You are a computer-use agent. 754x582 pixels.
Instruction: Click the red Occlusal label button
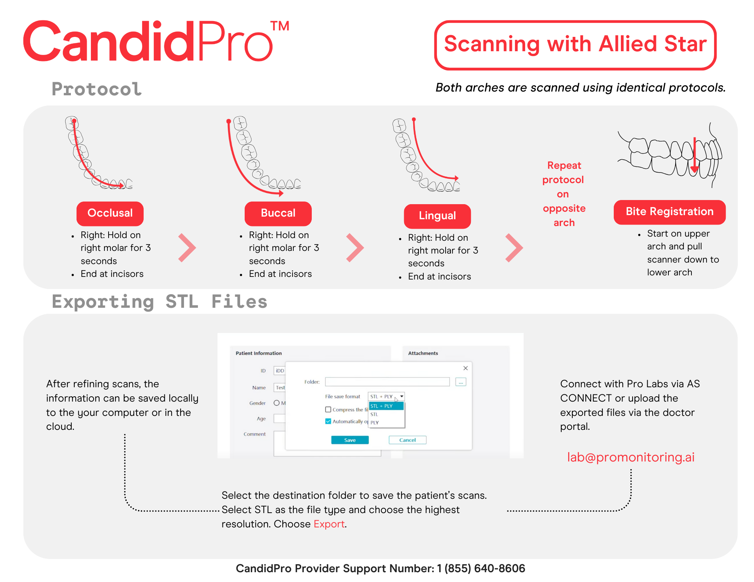(x=110, y=213)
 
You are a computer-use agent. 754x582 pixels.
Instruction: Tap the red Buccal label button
(x=278, y=213)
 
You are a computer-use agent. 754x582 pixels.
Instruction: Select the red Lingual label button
(x=437, y=216)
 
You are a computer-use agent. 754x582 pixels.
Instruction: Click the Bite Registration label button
(x=669, y=212)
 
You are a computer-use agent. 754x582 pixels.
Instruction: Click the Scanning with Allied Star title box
(x=575, y=45)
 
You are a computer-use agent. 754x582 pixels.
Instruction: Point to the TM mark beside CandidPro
(x=280, y=26)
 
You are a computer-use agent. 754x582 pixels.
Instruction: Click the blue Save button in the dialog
(x=349, y=440)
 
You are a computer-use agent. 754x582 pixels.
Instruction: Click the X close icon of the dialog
(x=466, y=368)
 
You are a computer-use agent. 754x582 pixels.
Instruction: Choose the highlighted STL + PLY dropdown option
(x=386, y=406)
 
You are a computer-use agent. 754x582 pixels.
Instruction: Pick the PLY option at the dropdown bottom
(x=375, y=422)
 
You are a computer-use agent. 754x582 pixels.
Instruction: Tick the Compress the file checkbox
(x=328, y=409)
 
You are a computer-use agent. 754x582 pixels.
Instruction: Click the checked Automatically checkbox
(x=328, y=421)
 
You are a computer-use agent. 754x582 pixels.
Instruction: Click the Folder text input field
(x=387, y=382)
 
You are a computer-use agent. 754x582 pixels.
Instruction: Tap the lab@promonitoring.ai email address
(x=630, y=457)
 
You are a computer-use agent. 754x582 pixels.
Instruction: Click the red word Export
(x=329, y=524)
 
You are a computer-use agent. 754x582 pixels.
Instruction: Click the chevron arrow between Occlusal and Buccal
(x=187, y=247)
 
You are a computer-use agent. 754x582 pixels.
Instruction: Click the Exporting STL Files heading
(x=159, y=302)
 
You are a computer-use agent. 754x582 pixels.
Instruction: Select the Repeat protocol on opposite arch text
(x=564, y=194)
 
